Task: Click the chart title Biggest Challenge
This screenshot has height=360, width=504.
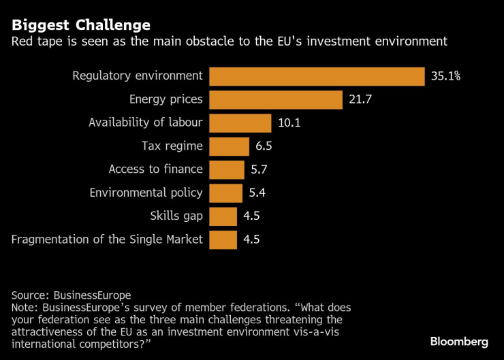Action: pyautogui.click(x=81, y=25)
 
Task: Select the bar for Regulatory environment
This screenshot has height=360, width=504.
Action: pyautogui.click(x=317, y=76)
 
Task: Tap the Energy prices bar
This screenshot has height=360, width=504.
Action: pyautogui.click(x=275, y=99)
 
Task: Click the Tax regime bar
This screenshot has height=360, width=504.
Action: pyautogui.click(x=229, y=146)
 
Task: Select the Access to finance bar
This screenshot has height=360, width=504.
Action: pyautogui.click(x=226, y=169)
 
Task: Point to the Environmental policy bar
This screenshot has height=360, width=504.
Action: pyautogui.click(x=225, y=193)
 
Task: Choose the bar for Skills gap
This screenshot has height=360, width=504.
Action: pyautogui.click(x=223, y=216)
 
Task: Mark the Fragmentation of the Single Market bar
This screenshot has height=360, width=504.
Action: pyautogui.click(x=223, y=240)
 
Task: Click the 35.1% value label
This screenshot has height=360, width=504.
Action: pyautogui.click(x=446, y=76)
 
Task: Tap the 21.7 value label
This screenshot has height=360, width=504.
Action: pyautogui.click(x=361, y=99)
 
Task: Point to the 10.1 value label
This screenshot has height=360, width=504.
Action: pyautogui.click(x=289, y=122)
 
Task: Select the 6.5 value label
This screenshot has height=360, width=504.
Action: pyautogui.click(x=263, y=146)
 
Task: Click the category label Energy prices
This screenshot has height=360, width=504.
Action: pyautogui.click(x=166, y=99)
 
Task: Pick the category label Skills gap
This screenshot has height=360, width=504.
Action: pyautogui.click(x=176, y=216)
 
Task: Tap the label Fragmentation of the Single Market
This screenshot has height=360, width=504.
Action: pyautogui.click(x=108, y=240)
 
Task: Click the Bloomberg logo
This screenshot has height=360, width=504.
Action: pyautogui.click(x=460, y=340)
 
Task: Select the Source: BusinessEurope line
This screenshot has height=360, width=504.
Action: pyautogui.click(x=71, y=295)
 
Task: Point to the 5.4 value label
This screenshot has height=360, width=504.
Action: pyautogui.click(x=256, y=193)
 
